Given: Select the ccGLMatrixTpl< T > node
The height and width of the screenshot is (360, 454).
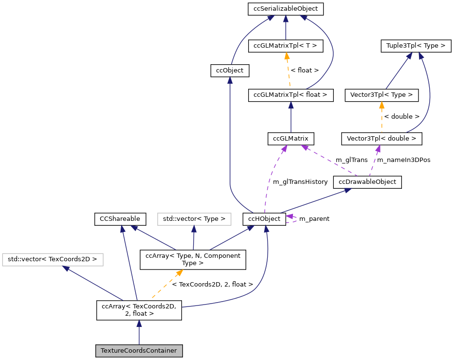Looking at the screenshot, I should (x=285, y=46).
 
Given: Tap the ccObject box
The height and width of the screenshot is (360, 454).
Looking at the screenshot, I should (x=230, y=71).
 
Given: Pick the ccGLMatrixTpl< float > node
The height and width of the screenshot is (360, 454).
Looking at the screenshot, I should (x=291, y=95).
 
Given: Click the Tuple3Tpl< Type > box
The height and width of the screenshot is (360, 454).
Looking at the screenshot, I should (x=416, y=46).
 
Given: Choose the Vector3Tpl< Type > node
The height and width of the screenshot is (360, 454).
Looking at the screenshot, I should (x=381, y=95).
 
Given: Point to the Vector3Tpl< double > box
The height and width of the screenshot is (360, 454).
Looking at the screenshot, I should (x=381, y=139).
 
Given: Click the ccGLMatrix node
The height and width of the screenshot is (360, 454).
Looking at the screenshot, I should (x=291, y=139).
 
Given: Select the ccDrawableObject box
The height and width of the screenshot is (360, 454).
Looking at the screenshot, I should (x=367, y=182).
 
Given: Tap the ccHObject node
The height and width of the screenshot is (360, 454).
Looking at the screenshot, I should (x=264, y=219).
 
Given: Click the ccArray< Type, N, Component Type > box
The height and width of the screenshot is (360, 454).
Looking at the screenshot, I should (x=193, y=259).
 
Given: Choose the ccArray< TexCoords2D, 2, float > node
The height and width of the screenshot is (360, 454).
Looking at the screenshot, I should (x=139, y=310).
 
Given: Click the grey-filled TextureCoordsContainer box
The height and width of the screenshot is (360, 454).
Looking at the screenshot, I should (x=139, y=351).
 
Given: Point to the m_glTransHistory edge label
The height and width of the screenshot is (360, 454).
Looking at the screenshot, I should (x=300, y=181).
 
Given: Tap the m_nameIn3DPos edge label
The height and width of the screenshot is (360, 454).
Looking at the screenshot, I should (x=404, y=160).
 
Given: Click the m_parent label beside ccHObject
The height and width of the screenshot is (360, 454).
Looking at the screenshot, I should (x=314, y=219).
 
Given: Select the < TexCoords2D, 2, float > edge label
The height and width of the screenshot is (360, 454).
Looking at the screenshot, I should (x=213, y=284).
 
